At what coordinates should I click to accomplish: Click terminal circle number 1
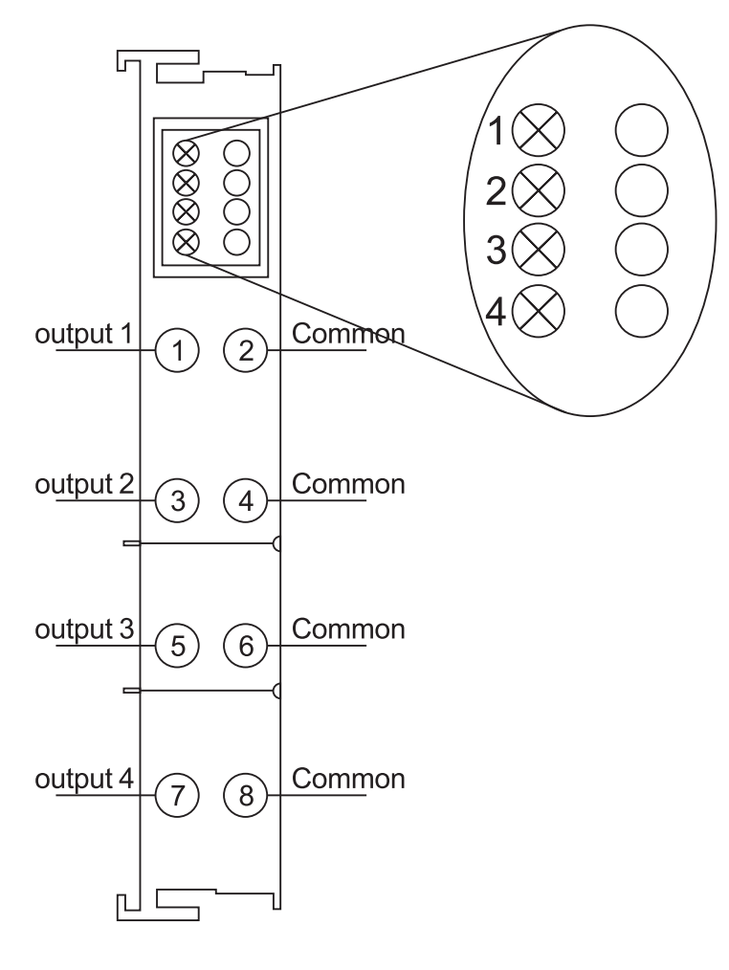point(176,350)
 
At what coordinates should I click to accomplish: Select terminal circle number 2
point(246,350)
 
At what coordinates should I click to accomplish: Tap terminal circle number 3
point(176,498)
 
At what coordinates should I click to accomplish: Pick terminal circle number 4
point(246,498)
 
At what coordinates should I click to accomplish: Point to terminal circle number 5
point(176,646)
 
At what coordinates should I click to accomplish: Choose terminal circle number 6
point(246,646)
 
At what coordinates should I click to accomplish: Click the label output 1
point(83,336)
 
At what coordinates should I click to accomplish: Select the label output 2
point(83,483)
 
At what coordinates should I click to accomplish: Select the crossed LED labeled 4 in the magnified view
point(540,311)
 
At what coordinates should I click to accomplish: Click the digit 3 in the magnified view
point(497,252)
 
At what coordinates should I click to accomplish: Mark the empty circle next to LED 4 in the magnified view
point(640,311)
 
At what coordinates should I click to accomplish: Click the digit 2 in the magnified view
point(497,191)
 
